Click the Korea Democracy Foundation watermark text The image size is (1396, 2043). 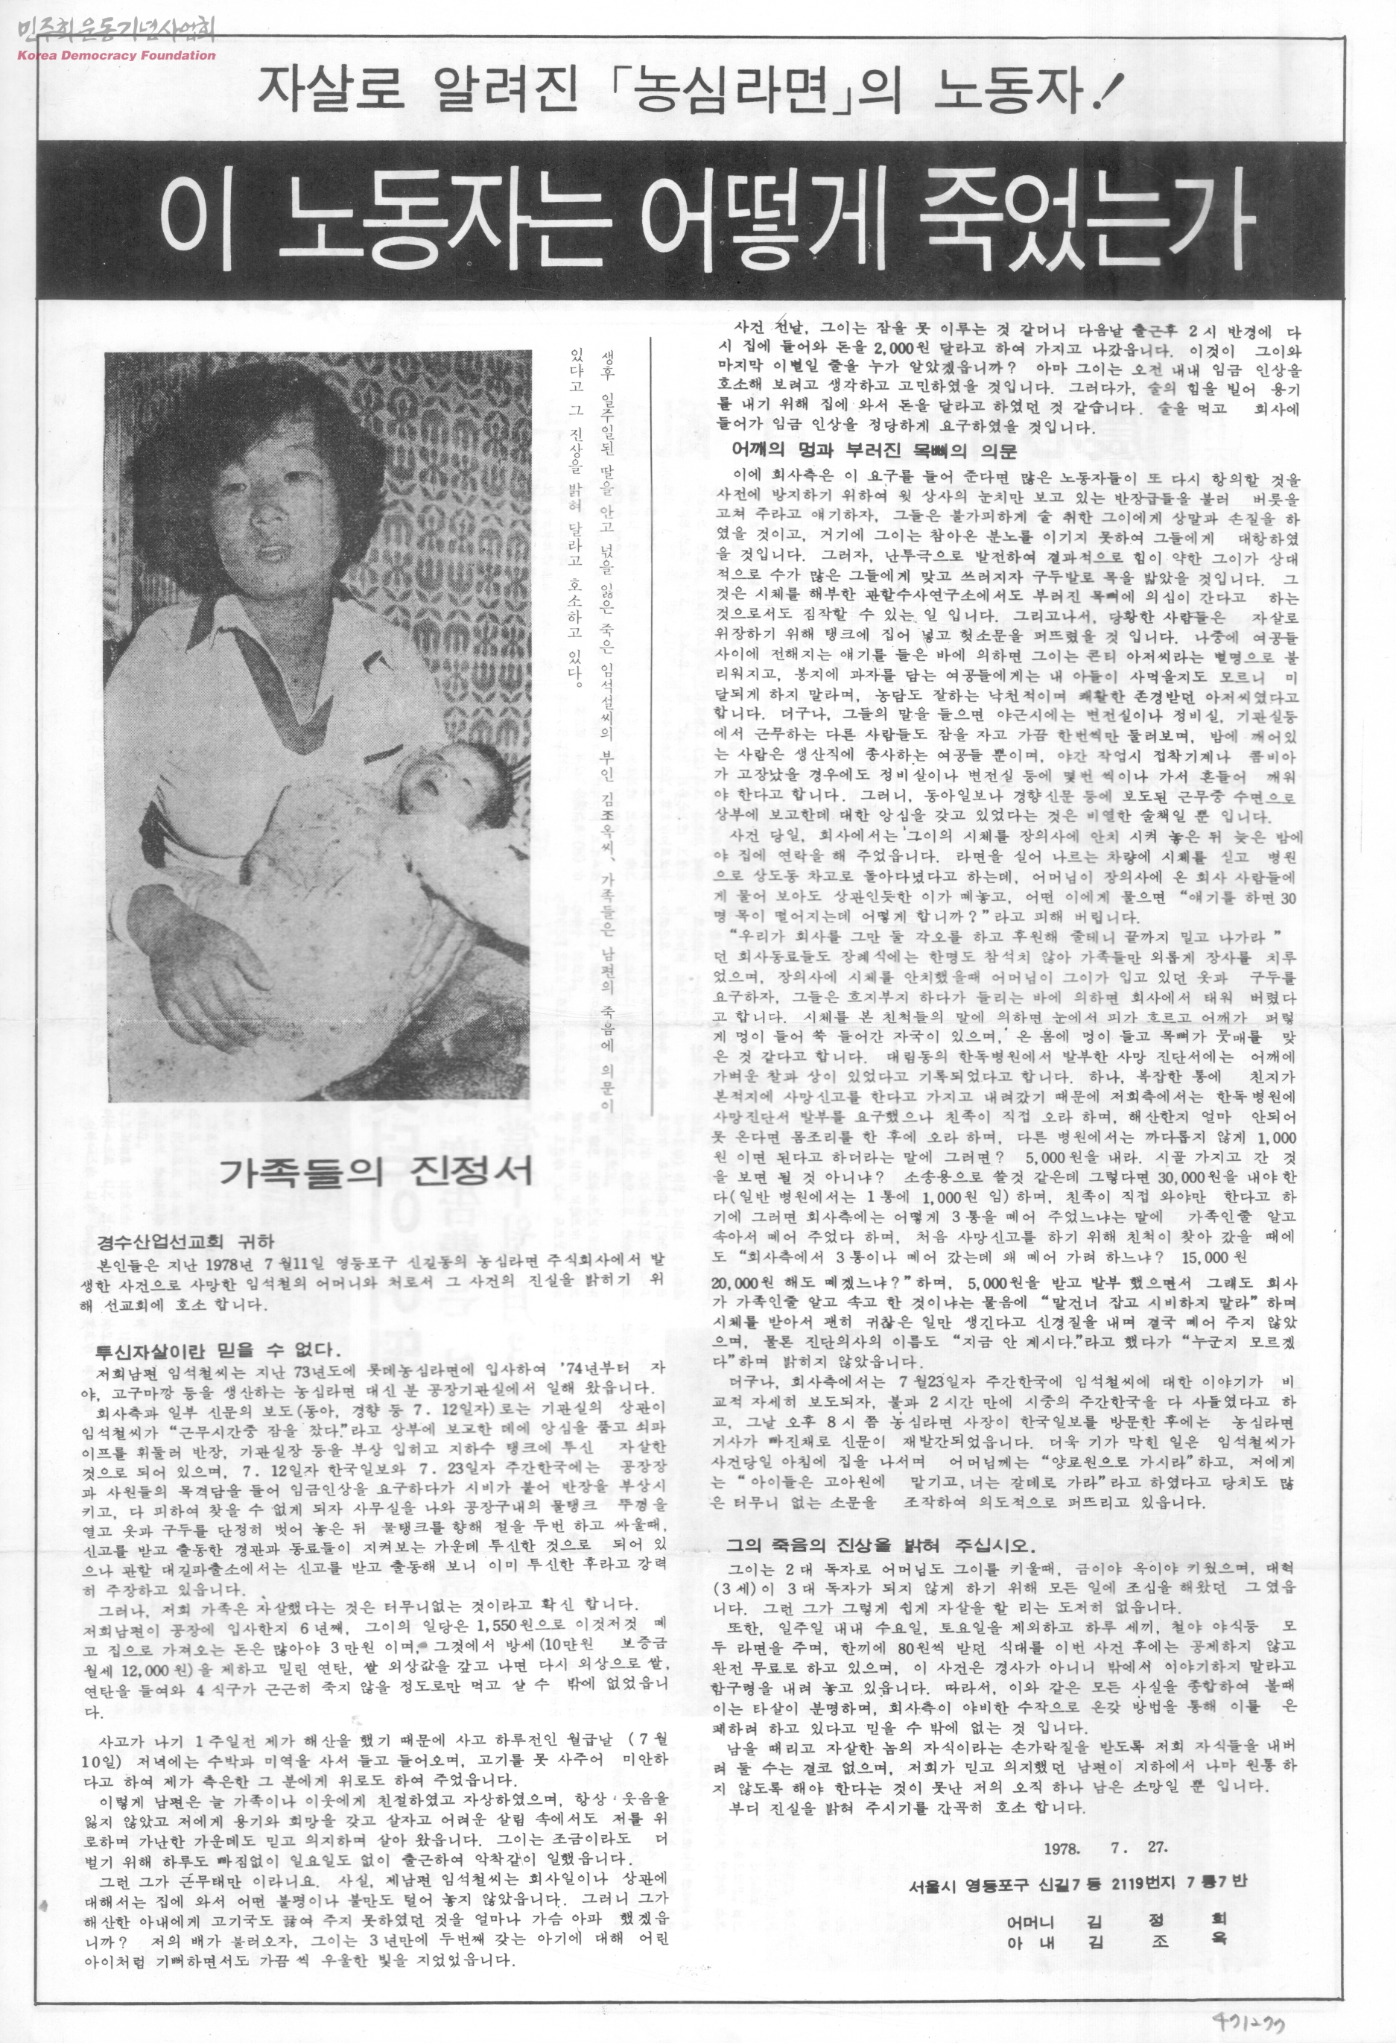[x=116, y=55]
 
